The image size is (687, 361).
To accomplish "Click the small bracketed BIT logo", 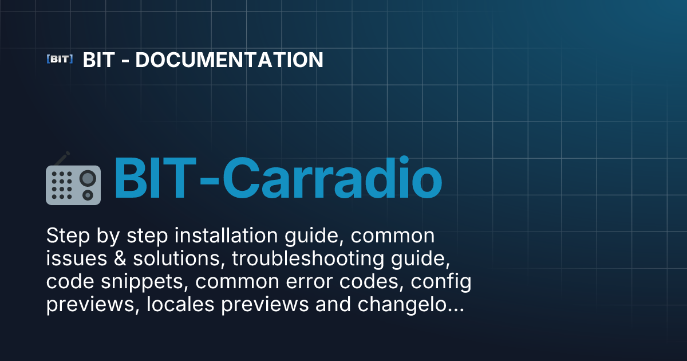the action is click(60, 59).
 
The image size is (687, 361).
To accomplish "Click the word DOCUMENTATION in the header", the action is click(229, 60).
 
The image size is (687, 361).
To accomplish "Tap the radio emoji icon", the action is click(73, 178).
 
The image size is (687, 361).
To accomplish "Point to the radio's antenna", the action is click(62, 159).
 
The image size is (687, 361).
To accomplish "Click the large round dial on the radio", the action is click(88, 178).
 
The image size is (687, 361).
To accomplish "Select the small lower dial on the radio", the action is click(88, 195).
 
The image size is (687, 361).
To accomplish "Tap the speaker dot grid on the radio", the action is click(62, 185).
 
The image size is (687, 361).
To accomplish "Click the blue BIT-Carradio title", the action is click(278, 178).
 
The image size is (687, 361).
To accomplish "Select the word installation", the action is click(226, 236).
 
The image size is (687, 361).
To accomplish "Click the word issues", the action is click(77, 258).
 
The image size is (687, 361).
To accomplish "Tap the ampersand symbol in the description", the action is click(120, 258).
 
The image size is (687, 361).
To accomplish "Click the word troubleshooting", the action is click(308, 259).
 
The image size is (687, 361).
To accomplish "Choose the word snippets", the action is click(144, 282).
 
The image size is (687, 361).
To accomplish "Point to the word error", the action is click(309, 282).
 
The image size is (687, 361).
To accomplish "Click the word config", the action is click(441, 282).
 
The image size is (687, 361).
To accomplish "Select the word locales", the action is click(180, 304).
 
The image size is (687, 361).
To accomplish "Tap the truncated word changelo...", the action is click(410, 305).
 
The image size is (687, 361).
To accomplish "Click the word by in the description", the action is click(108, 236).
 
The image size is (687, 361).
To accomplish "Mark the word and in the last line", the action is click(333, 304).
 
